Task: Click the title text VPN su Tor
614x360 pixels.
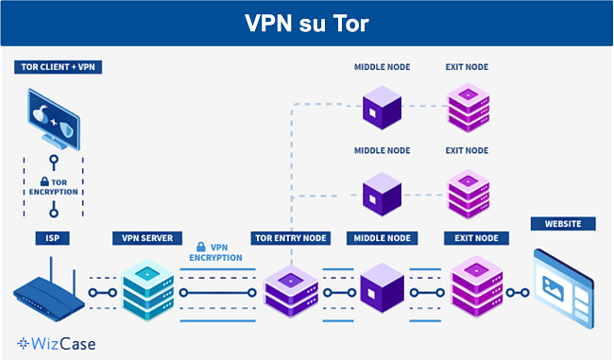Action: click(306, 23)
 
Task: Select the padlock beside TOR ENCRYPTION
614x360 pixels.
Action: click(43, 181)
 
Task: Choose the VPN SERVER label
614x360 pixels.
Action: click(148, 238)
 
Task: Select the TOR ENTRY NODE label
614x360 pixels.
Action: click(290, 238)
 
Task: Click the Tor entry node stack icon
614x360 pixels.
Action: click(290, 289)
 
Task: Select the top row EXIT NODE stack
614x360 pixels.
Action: click(467, 108)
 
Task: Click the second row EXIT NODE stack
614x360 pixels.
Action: click(467, 194)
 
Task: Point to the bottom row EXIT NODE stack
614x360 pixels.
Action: click(473, 286)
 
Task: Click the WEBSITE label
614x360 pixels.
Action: click(563, 224)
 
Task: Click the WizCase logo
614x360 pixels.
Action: click(57, 344)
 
